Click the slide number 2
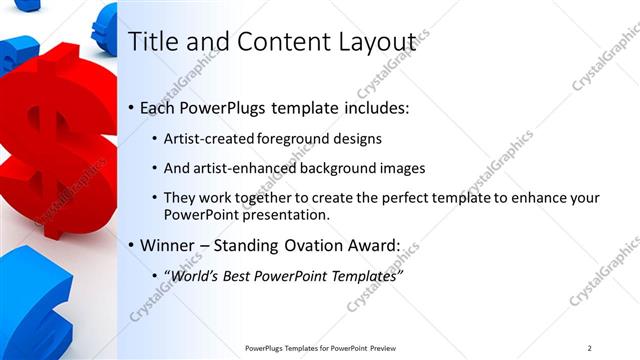click(x=590, y=348)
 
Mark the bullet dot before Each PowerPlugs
click(x=132, y=108)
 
